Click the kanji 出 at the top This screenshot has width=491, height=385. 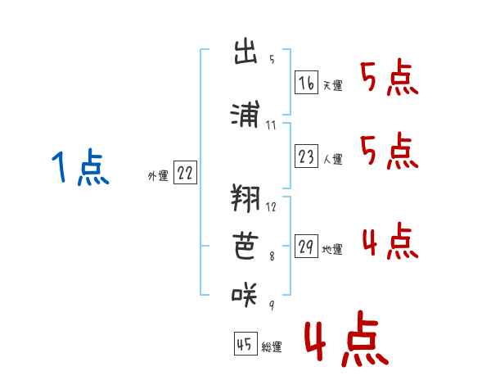245,51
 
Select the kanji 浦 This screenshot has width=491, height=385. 245,114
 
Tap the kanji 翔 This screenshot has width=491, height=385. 245,198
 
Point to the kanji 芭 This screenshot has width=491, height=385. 245,246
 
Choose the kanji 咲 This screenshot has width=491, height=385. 245,294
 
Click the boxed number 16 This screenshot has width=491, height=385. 306,83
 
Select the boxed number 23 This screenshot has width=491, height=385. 306,156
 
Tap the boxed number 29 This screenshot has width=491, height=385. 306,246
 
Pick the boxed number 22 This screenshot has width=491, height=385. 185,172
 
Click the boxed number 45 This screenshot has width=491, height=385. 245,343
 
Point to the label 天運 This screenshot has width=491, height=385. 333,85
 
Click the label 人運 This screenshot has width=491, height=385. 333,159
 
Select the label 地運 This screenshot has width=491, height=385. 332,250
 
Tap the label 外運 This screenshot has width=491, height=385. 158,176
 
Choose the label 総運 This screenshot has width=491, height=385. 272,347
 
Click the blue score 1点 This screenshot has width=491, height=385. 80,167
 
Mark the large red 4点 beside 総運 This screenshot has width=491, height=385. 347,339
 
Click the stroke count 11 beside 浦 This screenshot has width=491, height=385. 271,125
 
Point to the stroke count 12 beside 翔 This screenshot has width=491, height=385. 271,207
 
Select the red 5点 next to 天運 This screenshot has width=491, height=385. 390,77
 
